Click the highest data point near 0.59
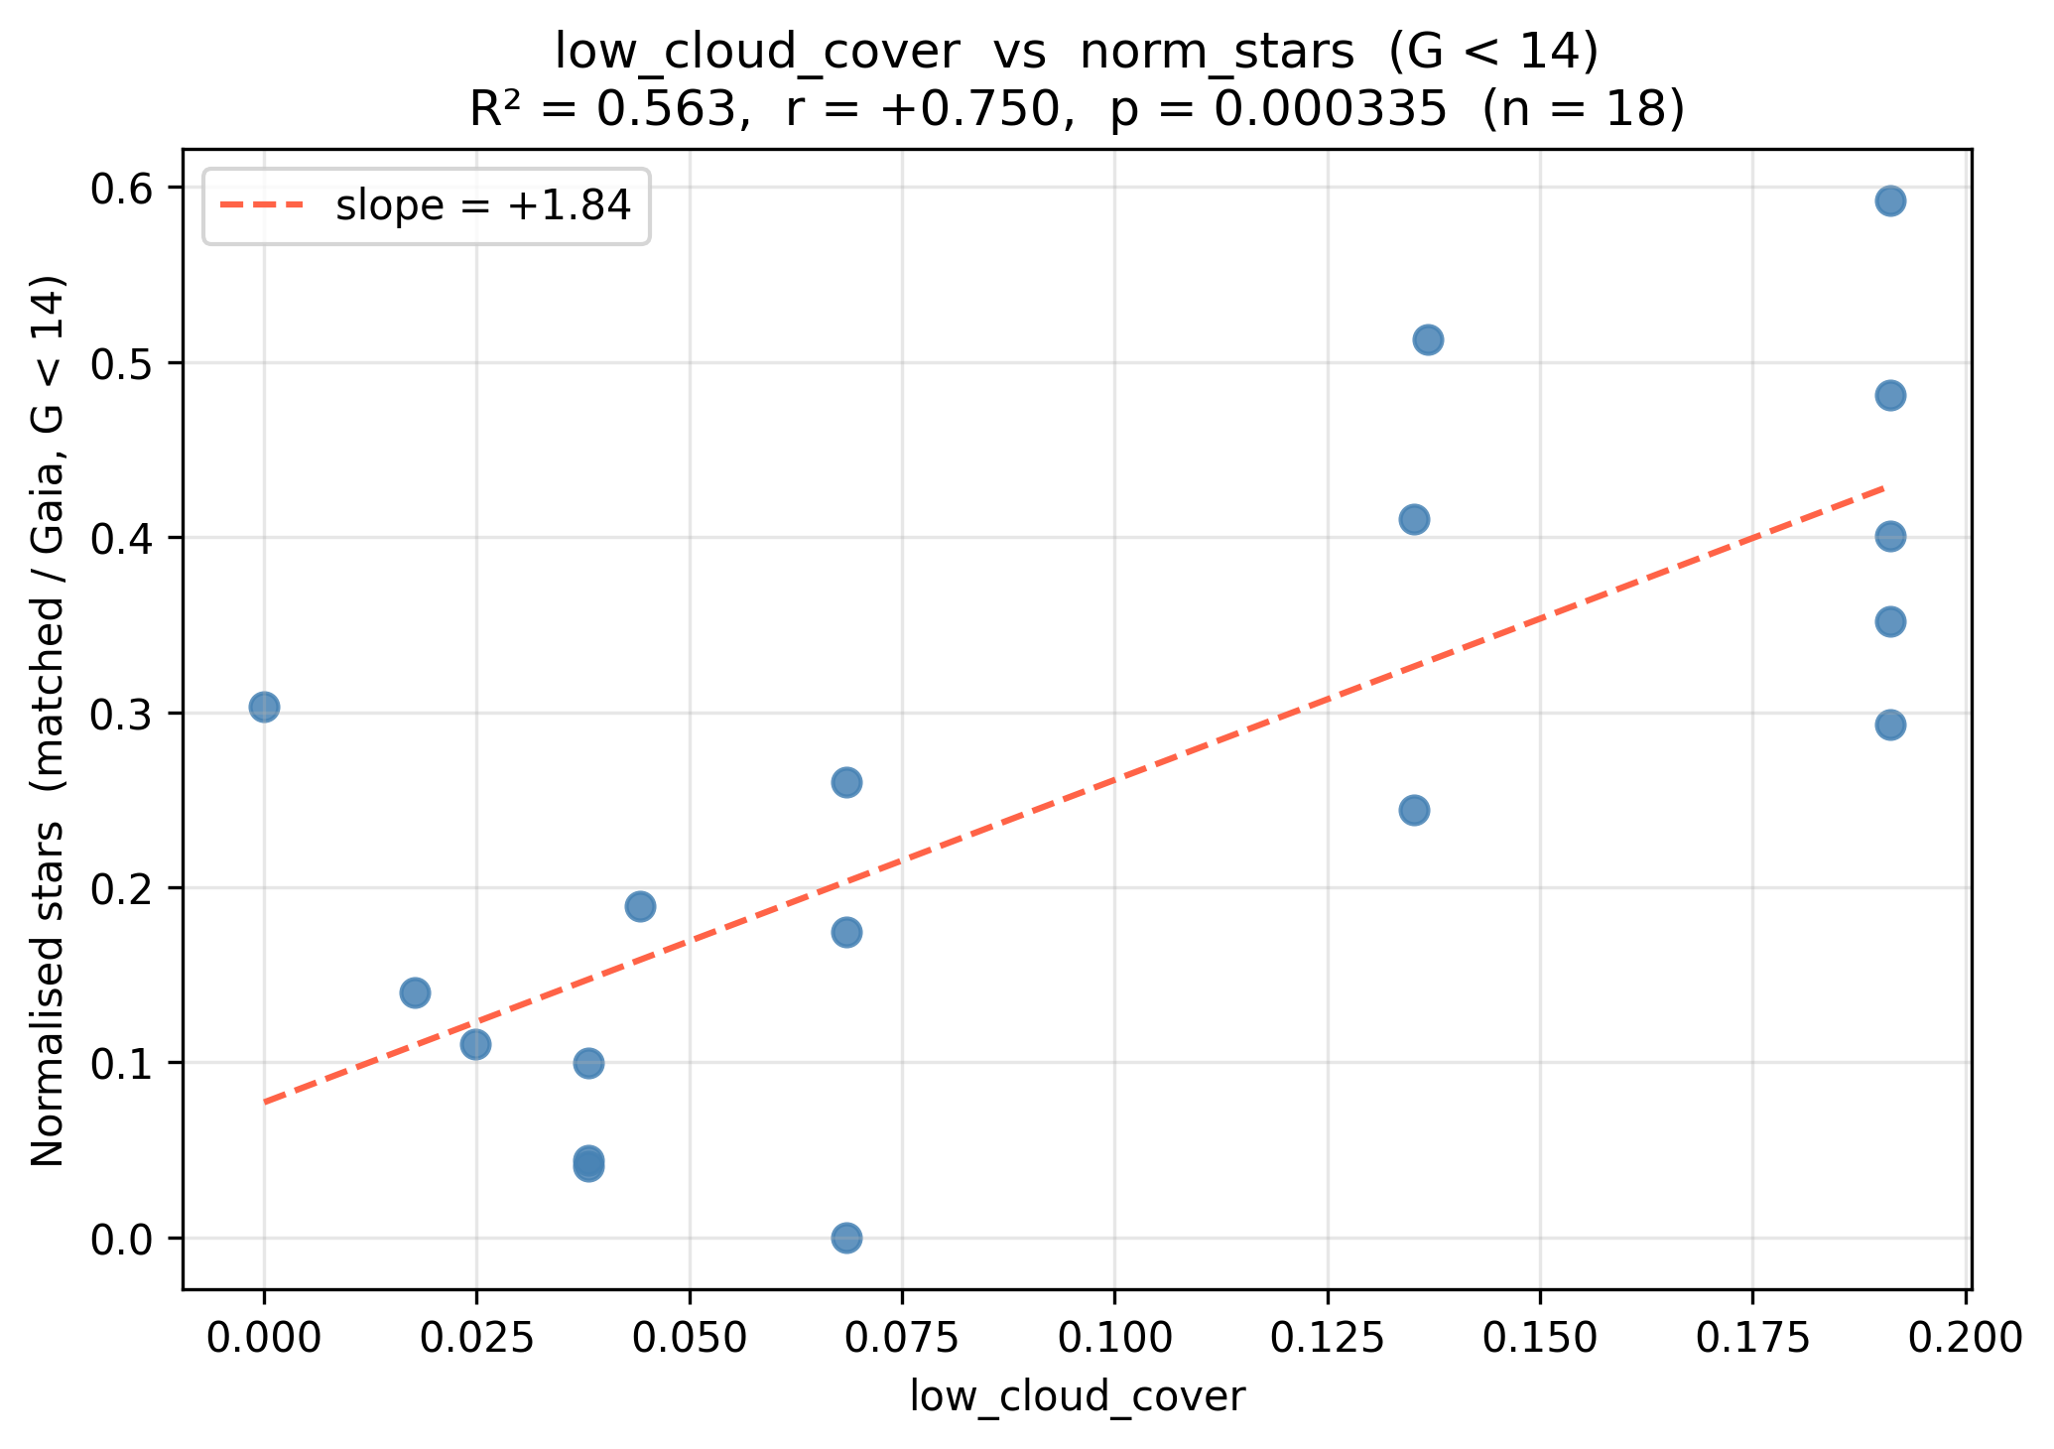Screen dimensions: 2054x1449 point(1890,201)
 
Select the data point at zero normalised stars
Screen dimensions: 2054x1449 point(846,1238)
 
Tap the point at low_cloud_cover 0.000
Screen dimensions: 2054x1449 point(264,708)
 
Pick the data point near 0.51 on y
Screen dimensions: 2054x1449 point(1428,340)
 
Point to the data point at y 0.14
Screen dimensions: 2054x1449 point(415,992)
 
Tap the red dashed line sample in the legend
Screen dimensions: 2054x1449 point(263,205)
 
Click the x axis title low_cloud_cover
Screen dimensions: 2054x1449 point(1078,1397)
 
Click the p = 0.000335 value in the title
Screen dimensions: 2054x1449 point(1278,111)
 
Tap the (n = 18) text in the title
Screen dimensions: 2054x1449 point(1584,111)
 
